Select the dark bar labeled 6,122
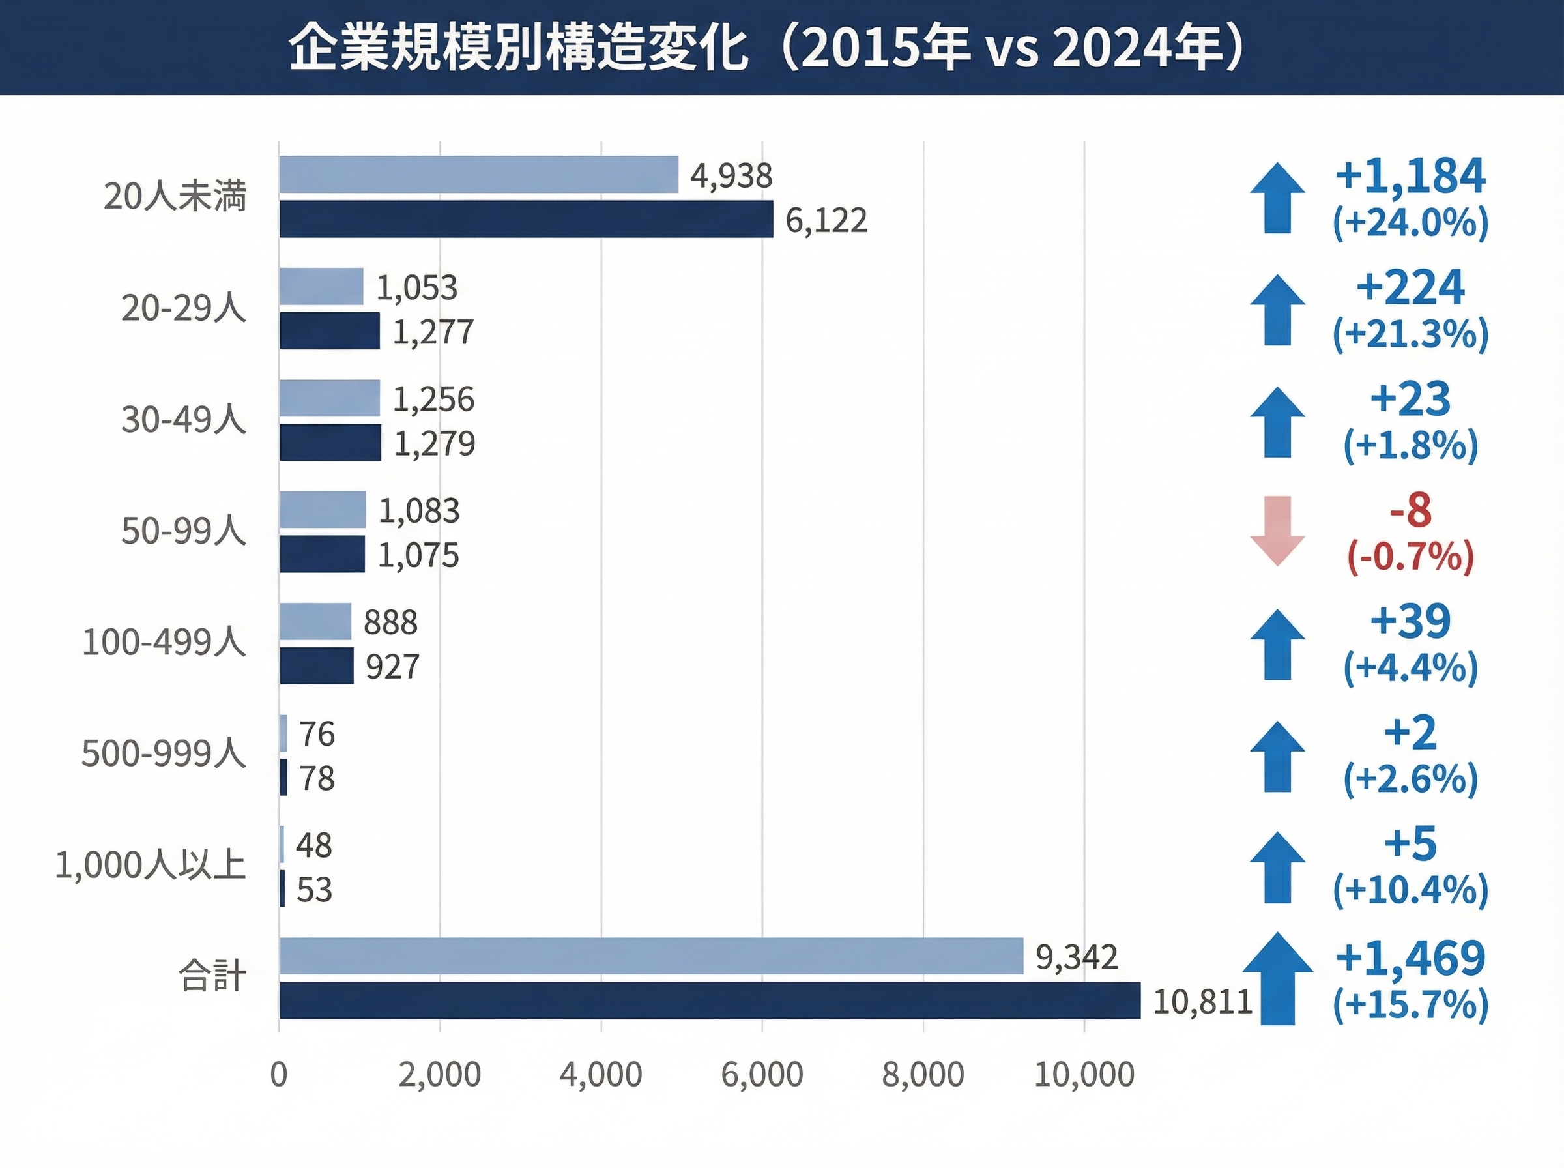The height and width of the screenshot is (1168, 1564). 526,219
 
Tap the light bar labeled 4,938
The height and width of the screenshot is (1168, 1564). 478,175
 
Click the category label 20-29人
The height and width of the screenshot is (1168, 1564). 183,308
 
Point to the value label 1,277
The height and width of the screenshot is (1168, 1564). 433,332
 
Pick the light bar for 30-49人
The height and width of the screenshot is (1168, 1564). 329,398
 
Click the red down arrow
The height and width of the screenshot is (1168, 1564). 1277,531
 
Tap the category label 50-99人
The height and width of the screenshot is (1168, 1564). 183,531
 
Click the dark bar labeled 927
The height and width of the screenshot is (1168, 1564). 316,665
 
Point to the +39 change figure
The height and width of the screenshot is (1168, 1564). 1410,620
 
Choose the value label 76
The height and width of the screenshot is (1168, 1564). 317,734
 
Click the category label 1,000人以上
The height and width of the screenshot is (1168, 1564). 150,866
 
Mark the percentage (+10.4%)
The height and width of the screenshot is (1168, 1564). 1410,890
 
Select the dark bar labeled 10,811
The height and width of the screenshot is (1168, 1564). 710,1000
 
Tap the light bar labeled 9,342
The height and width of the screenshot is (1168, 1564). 651,956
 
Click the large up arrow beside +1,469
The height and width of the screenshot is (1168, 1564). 1277,979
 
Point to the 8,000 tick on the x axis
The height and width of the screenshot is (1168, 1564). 923,1075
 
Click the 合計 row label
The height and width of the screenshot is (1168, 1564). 211,977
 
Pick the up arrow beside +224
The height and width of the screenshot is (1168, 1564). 1277,310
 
